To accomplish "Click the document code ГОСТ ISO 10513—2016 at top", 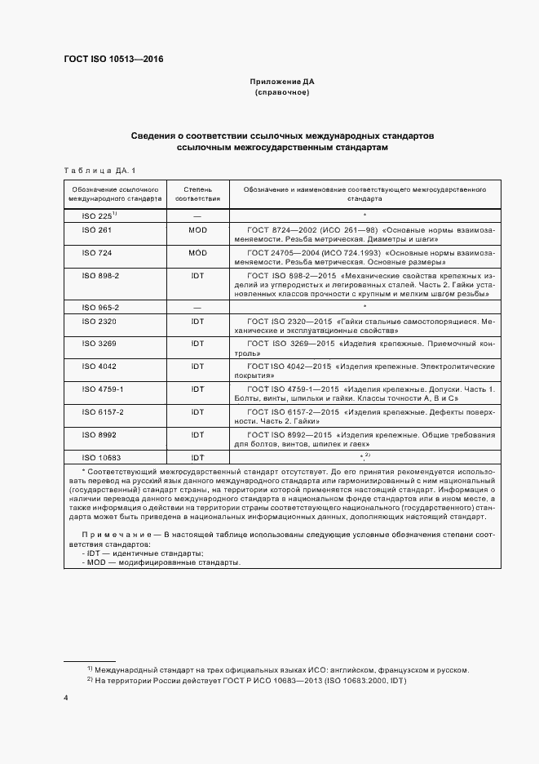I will [113, 58].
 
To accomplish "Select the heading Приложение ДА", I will [281, 82].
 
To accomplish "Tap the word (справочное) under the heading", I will [281, 94].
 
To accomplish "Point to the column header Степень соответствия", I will [197, 193].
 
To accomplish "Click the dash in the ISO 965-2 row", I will [197, 308].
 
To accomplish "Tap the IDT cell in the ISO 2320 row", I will [197, 322].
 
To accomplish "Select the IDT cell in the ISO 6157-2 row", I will [197, 413].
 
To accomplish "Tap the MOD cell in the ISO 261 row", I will [197, 230].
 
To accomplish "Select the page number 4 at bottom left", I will [66, 698].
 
